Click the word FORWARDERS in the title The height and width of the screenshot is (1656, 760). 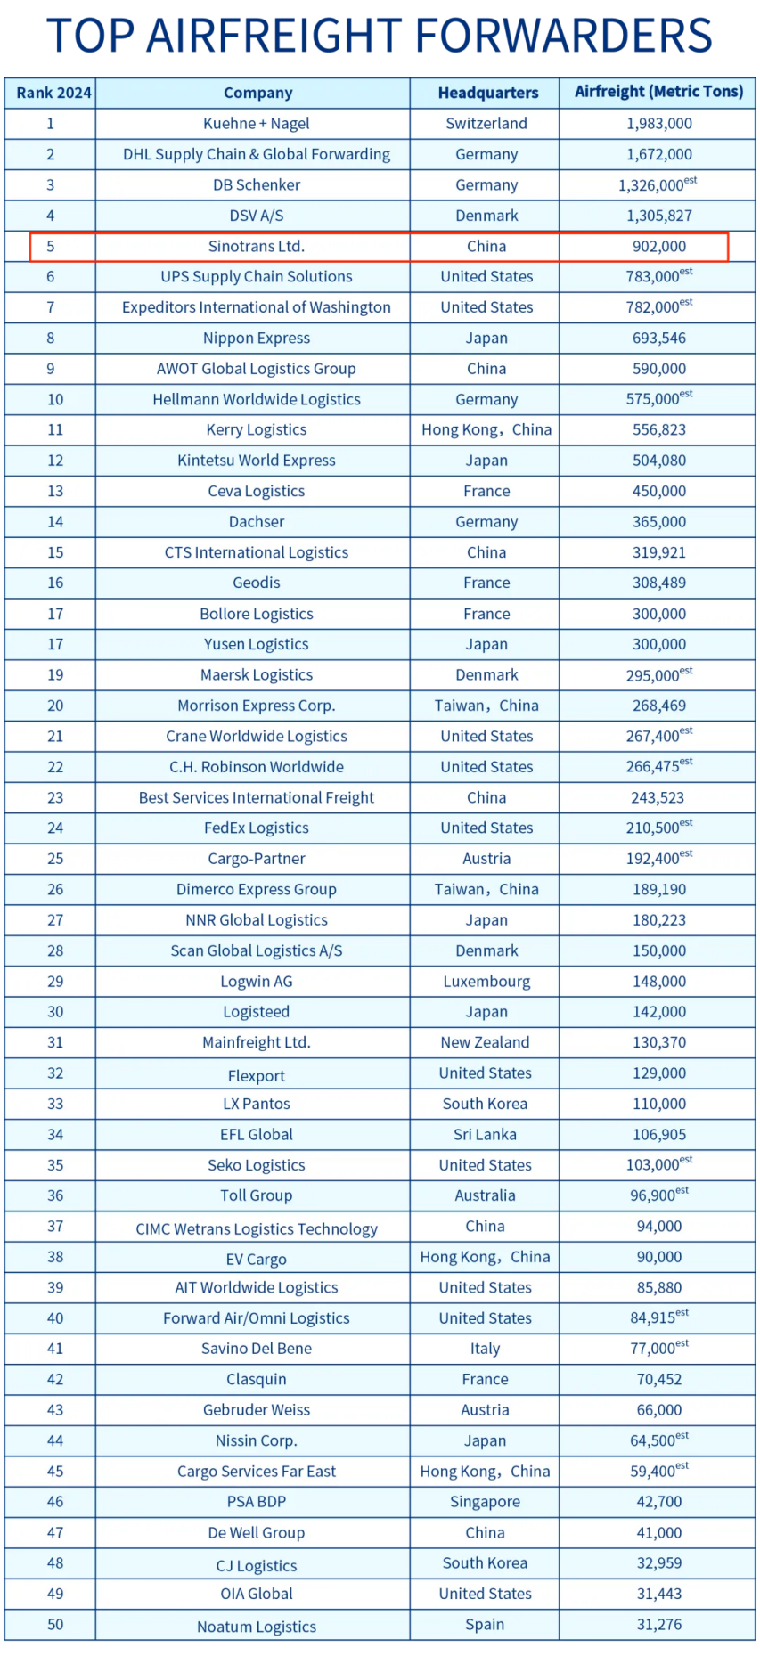(x=563, y=36)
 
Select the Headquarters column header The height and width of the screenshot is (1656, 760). (x=487, y=93)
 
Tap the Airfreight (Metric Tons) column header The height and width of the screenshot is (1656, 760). (x=658, y=92)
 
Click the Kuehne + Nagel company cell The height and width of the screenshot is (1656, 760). (x=257, y=124)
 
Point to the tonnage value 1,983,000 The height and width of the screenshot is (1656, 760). (x=659, y=124)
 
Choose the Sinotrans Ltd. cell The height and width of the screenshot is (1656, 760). (x=257, y=247)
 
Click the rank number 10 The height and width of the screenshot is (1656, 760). (x=55, y=400)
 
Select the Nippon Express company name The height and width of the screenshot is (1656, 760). (x=257, y=339)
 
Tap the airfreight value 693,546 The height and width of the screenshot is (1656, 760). (x=659, y=339)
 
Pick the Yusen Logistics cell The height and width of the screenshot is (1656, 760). (x=257, y=645)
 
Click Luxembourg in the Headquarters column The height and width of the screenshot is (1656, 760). (x=486, y=982)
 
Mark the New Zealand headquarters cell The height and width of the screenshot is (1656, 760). (x=485, y=1042)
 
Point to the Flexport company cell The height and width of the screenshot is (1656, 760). (x=257, y=1076)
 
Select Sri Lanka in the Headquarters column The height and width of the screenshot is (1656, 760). (x=485, y=1135)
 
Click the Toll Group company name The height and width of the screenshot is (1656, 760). (x=257, y=1196)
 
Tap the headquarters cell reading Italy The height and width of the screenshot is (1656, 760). (x=485, y=1349)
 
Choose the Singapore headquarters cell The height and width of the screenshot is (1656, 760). (x=485, y=1502)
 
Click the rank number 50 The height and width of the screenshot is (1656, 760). (x=55, y=1625)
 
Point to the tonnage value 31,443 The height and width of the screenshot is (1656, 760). (x=659, y=1594)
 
